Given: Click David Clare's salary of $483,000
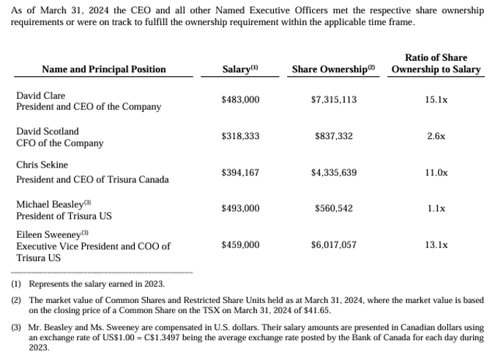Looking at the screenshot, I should [x=240, y=100].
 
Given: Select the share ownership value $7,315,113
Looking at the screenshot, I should [x=333, y=100].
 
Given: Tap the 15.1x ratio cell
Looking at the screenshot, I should [x=436, y=100].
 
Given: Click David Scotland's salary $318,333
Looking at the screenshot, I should [x=240, y=136].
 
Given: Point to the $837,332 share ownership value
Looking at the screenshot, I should [x=333, y=136].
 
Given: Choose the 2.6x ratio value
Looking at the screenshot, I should [x=436, y=136].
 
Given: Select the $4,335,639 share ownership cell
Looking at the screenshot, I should [x=333, y=173].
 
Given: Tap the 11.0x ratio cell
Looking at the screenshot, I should [x=436, y=173].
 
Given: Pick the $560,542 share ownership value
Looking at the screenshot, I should [x=333, y=209].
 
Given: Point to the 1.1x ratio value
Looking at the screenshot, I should [x=436, y=209].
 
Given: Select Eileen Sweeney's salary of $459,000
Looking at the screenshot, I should [x=240, y=245].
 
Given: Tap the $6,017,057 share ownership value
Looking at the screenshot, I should [x=333, y=245].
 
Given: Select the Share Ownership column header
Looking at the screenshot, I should [x=333, y=70].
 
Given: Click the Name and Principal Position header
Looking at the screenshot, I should [x=104, y=70].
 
